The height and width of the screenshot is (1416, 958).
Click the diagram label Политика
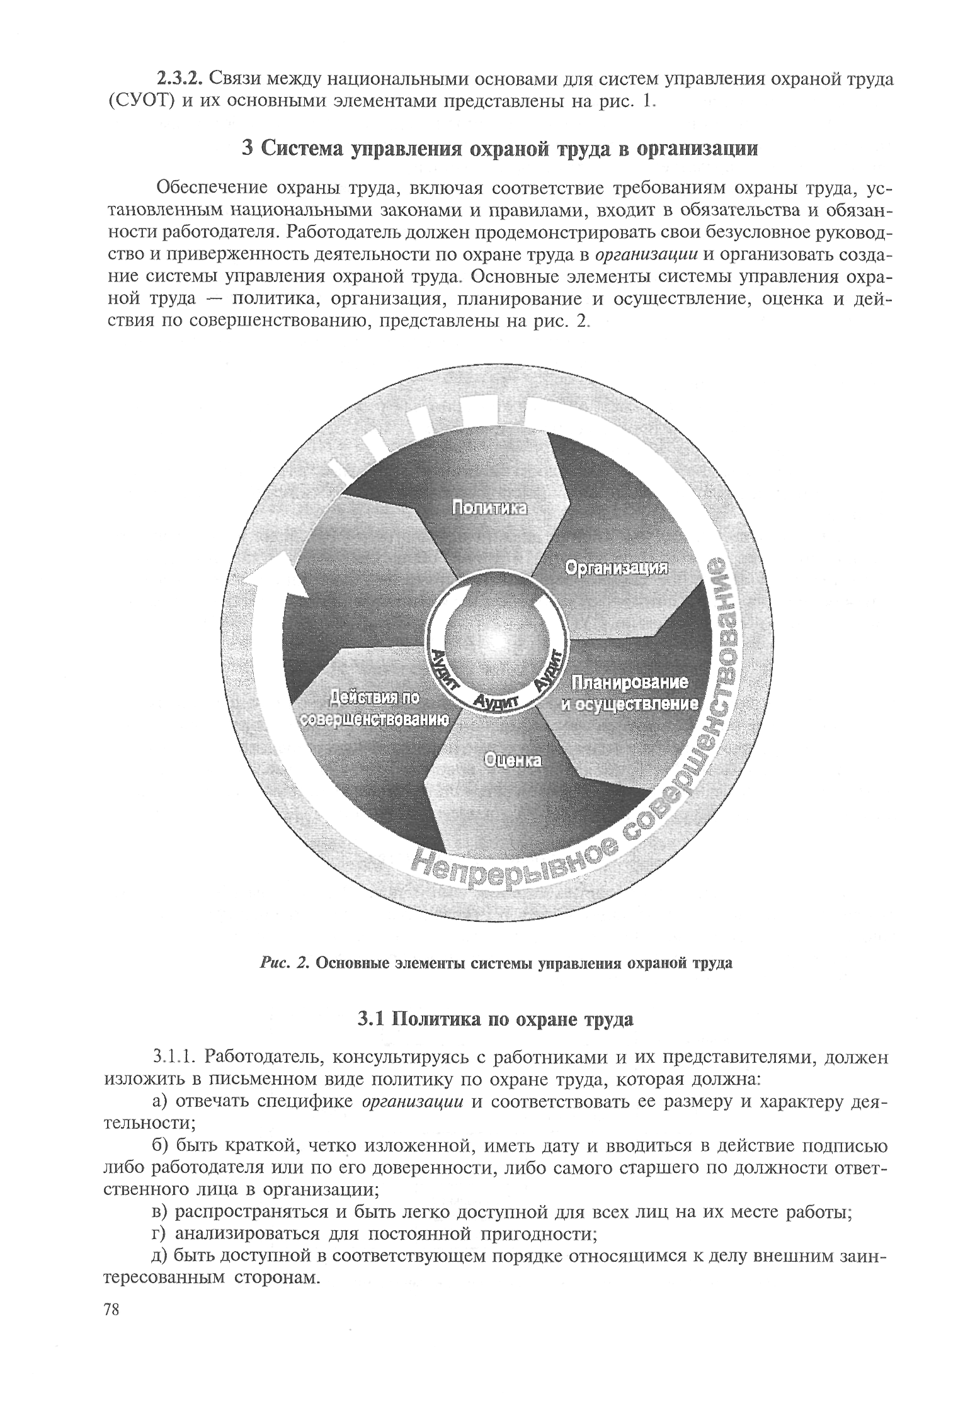489,507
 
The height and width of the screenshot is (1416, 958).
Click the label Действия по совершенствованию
375,709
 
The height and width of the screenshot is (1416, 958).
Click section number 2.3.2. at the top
179,79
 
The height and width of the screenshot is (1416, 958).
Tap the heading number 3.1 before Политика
372,1018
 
